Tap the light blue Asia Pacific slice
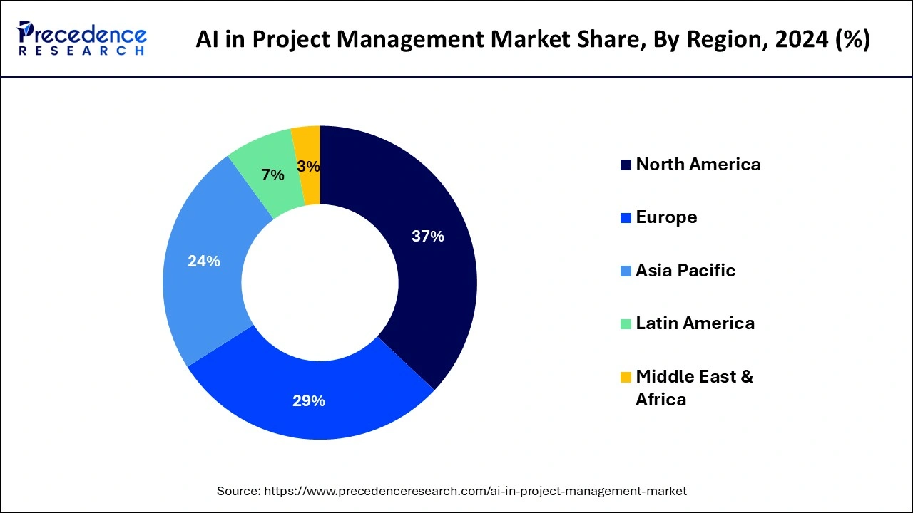203,285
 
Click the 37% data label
428,237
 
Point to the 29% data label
309,401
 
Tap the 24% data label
204,261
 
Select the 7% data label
272,175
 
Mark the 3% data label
308,167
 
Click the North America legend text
698,165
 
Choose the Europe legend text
666,217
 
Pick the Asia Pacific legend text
685,271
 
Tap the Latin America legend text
695,323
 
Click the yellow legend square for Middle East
626,377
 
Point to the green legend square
626,324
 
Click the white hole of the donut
320,283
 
